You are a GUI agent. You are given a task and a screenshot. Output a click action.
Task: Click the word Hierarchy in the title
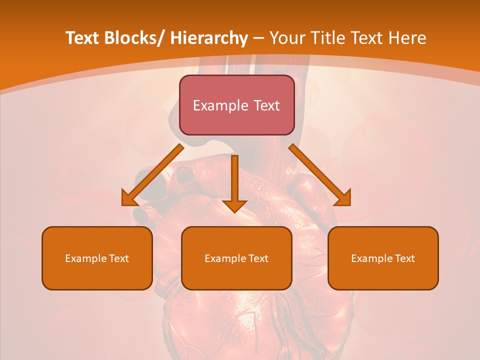click(209, 38)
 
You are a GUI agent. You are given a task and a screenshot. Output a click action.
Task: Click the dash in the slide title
click(258, 39)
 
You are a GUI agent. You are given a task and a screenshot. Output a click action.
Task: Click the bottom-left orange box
click(97, 258)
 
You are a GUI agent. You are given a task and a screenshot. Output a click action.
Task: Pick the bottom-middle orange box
click(236, 258)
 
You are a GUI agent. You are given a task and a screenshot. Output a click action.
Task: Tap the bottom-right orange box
click(383, 258)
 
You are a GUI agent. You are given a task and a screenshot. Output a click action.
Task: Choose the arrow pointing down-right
click(320, 175)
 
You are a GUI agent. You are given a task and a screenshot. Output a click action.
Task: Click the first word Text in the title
click(83, 38)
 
